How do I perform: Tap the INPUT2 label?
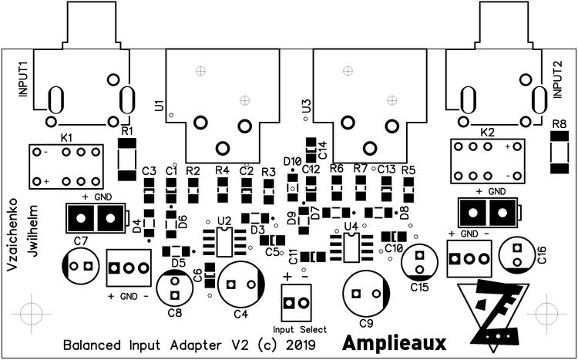(556, 78)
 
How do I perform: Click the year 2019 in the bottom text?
(297, 342)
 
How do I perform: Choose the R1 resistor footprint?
(126, 157)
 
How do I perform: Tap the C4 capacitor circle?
(239, 284)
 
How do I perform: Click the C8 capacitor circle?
(175, 289)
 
